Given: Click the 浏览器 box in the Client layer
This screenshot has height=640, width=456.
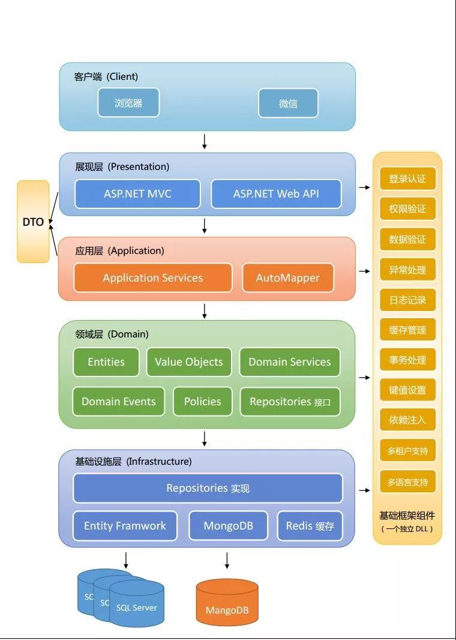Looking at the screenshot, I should [128, 103].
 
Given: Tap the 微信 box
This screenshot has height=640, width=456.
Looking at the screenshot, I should [288, 103].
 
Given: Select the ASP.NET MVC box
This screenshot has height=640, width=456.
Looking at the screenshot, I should [137, 194].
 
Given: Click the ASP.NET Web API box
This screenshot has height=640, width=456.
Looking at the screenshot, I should [276, 194].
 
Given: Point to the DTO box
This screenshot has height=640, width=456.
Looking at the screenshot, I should [33, 222].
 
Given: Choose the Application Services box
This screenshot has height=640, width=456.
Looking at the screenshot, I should [152, 278].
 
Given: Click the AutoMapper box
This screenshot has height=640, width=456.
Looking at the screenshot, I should [288, 278].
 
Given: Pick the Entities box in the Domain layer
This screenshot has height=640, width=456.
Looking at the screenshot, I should [106, 362].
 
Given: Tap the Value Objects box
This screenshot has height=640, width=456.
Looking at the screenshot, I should [188, 362].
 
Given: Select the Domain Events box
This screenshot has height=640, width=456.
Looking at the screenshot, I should [118, 402].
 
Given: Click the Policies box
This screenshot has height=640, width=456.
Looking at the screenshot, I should [202, 402].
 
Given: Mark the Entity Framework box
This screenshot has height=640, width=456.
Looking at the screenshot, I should [125, 526].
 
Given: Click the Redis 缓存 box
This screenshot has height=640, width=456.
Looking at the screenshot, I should [310, 526].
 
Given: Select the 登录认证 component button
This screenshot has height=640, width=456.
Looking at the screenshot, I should [407, 179].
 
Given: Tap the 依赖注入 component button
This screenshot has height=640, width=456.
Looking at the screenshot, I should [407, 420].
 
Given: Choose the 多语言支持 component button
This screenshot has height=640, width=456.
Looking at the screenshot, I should [407, 482].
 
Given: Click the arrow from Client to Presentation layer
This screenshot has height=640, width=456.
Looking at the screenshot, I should [205, 141].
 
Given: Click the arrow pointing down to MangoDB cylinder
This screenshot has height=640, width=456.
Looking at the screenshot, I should [227, 561].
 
